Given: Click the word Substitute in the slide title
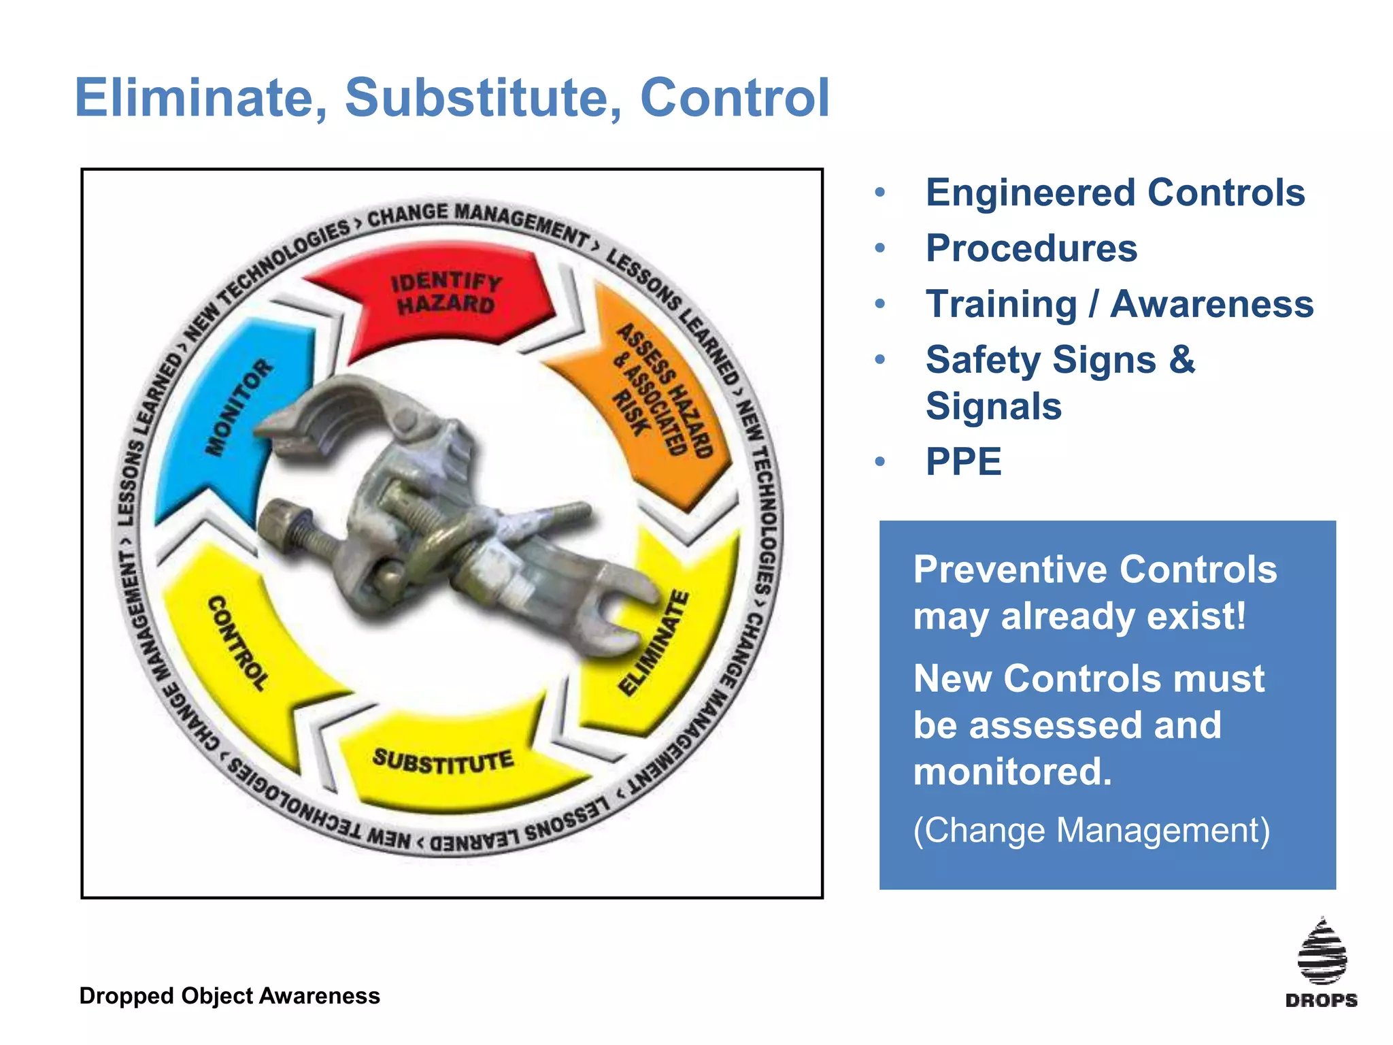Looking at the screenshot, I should (483, 97).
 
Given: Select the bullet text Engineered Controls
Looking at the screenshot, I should (1115, 193).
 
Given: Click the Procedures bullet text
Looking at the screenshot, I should (1031, 248).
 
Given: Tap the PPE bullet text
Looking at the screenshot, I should (963, 462).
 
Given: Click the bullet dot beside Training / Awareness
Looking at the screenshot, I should (880, 304).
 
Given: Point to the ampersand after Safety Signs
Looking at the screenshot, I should (1182, 359).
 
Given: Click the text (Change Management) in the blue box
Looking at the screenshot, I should (1091, 831).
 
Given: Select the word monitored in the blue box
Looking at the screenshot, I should (1012, 772).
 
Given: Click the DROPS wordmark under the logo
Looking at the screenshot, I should (1321, 1000).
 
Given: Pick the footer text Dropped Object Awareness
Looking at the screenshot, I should (229, 996).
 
